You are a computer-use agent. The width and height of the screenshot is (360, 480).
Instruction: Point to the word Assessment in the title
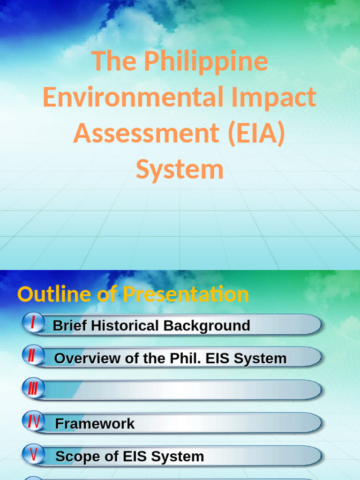142,134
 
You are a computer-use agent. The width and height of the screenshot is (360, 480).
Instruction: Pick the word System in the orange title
180,169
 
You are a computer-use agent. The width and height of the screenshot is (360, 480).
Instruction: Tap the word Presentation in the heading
186,294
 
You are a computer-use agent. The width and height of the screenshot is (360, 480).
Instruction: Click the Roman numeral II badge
32,356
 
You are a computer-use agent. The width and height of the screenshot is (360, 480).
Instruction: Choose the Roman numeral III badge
33,389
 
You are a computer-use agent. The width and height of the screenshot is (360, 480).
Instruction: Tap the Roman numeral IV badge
33,422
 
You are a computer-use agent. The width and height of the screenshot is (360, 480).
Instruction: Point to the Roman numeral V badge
33,454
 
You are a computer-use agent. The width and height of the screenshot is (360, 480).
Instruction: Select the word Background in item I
206,325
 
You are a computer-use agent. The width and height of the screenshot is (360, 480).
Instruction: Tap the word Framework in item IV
95,424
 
